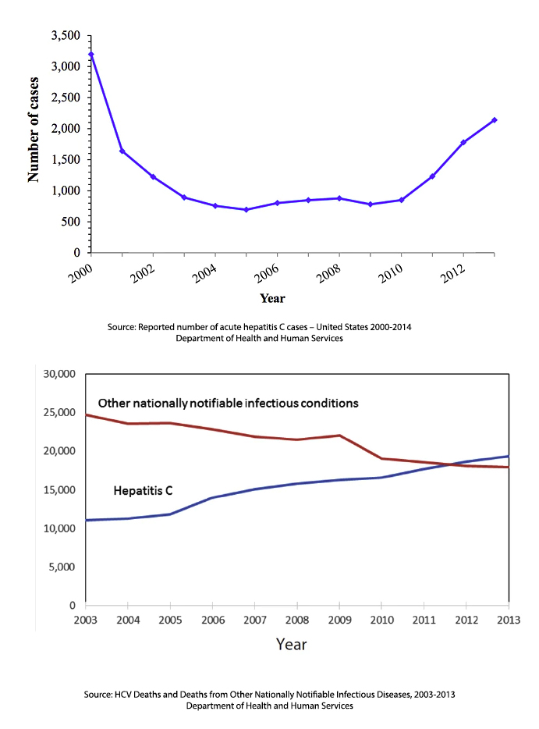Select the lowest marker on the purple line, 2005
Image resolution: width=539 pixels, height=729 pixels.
click(x=246, y=210)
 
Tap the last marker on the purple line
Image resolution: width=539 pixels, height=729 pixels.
click(x=495, y=120)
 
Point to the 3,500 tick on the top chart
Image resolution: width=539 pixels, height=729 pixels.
click(x=66, y=36)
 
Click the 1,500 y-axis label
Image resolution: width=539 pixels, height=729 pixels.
click(x=66, y=160)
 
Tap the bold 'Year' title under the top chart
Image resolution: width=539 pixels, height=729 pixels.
click(x=272, y=298)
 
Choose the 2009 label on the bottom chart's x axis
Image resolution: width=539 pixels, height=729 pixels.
click(x=339, y=620)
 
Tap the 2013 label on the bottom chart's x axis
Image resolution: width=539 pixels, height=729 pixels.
click(x=508, y=620)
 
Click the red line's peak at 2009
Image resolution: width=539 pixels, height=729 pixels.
click(x=339, y=436)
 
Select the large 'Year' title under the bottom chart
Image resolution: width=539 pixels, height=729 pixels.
click(x=291, y=645)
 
